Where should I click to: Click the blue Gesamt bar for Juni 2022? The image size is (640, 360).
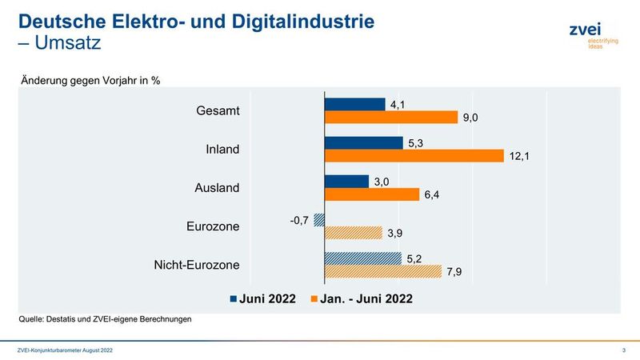tap(354, 104)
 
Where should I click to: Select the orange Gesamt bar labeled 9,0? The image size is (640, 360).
tap(390, 118)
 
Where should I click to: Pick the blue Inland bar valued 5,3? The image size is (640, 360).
tap(363, 142)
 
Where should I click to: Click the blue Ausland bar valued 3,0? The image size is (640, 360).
tap(346, 181)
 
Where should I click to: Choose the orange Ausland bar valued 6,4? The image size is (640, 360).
tap(371, 194)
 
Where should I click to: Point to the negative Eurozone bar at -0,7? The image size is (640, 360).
tap(319, 219)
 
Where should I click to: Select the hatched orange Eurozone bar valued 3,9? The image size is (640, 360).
tap(354, 233)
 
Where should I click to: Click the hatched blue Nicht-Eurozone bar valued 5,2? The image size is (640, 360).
tap(362, 258)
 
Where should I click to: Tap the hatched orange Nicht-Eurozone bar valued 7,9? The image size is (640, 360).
tap(382, 271)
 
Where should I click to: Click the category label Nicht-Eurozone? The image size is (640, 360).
tap(195, 265)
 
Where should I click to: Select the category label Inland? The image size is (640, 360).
tap(222, 150)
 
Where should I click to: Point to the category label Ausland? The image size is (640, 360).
tap(217, 188)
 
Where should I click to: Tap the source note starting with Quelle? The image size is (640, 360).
tap(106, 319)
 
